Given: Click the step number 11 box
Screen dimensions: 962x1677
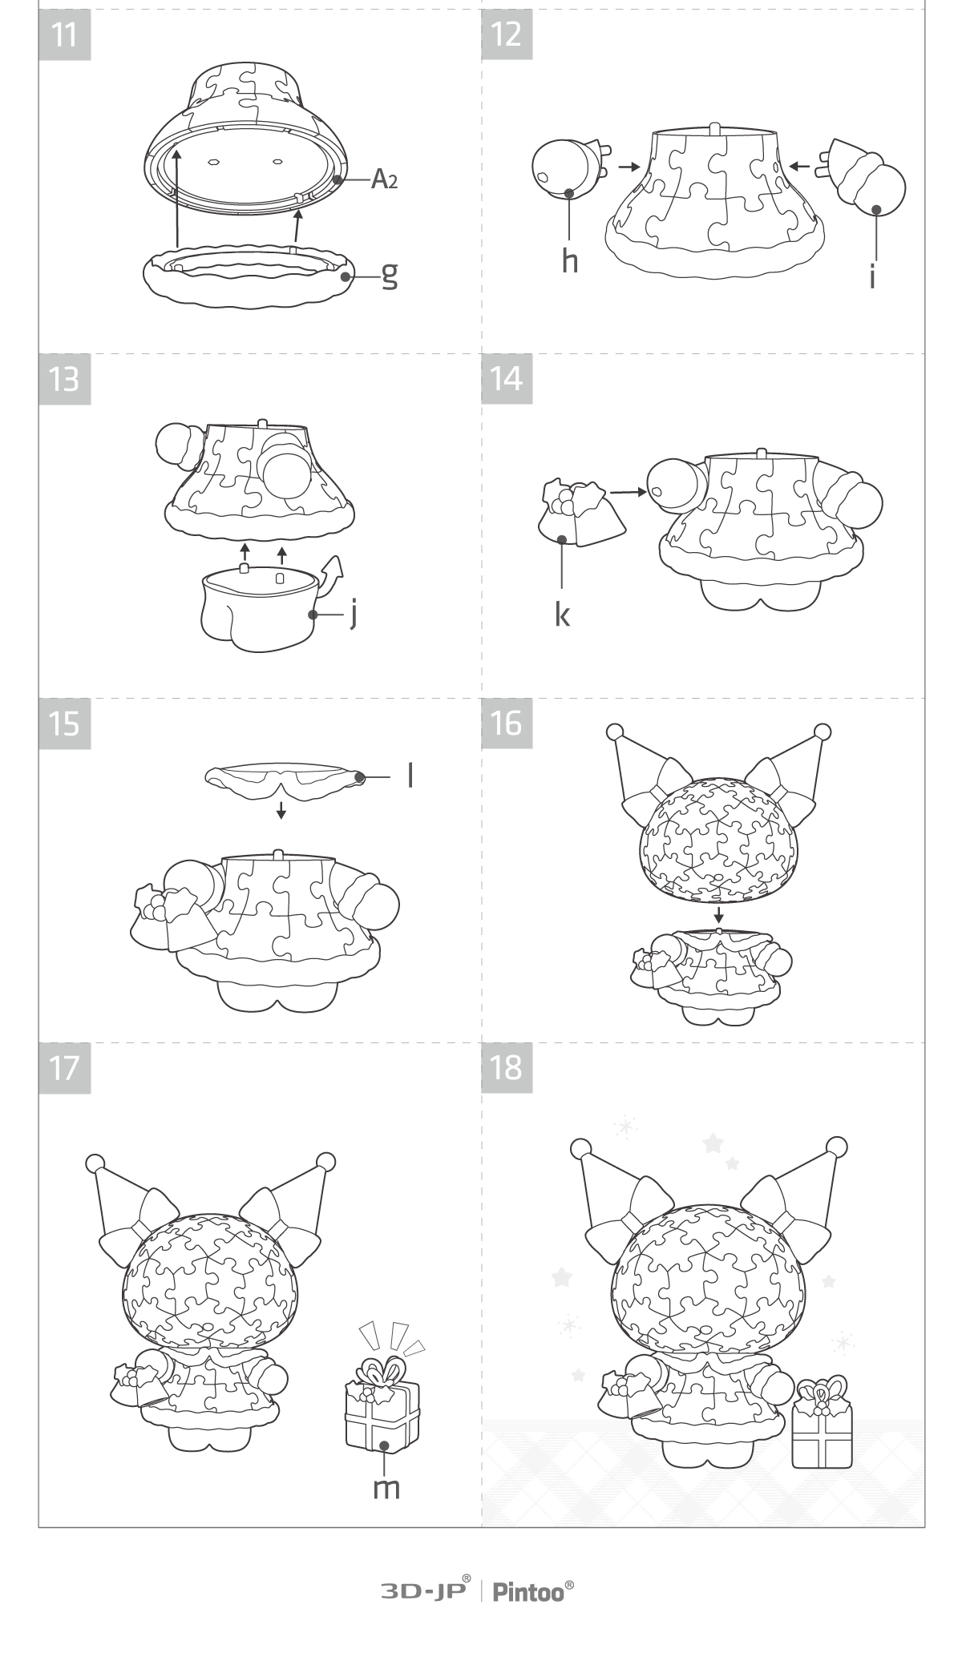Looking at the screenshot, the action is [65, 34].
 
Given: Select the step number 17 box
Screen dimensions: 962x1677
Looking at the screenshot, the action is [65, 1067].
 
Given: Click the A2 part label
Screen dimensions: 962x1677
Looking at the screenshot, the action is [384, 179].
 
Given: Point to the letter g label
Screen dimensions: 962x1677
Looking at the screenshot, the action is [389, 275].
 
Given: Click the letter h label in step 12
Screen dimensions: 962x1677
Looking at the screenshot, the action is [569, 260].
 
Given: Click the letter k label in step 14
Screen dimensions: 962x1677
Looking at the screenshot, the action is [563, 615].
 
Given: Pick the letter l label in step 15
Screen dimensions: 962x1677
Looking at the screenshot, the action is [410, 775].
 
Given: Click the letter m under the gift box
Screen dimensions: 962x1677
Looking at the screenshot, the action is [387, 1487].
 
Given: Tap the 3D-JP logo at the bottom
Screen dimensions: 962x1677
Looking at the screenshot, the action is [425, 1591].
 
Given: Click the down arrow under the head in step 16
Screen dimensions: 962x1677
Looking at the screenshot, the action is [719, 914].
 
